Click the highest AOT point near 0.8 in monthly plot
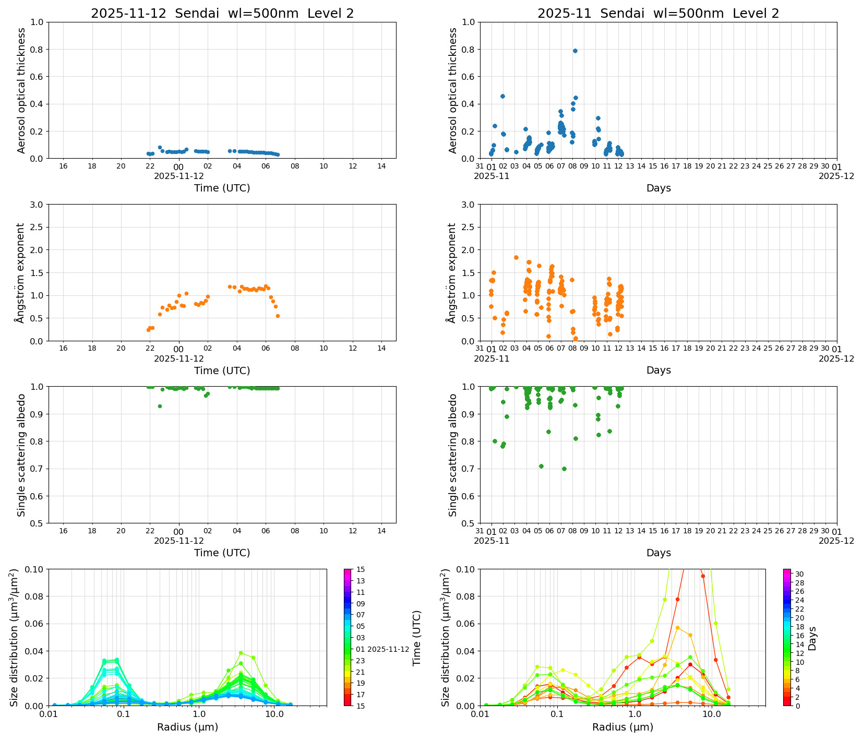coord(575,51)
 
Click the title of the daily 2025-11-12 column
coord(222,14)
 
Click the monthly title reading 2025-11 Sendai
coord(658,14)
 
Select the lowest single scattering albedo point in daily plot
coord(160,406)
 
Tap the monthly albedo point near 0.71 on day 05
coord(541,466)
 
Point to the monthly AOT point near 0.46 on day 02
coord(502,96)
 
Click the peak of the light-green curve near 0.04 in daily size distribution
coord(241,653)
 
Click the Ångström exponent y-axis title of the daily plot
coord(20,272)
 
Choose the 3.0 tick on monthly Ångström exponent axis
coord(468,205)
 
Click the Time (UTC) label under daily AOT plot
coord(222,188)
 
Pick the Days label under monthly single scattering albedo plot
coord(658,553)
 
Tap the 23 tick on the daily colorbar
coord(361,660)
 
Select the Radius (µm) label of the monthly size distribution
coord(622,727)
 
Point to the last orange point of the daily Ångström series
coord(278,316)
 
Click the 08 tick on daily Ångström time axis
coord(295,349)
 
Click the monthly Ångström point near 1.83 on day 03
coord(516,257)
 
